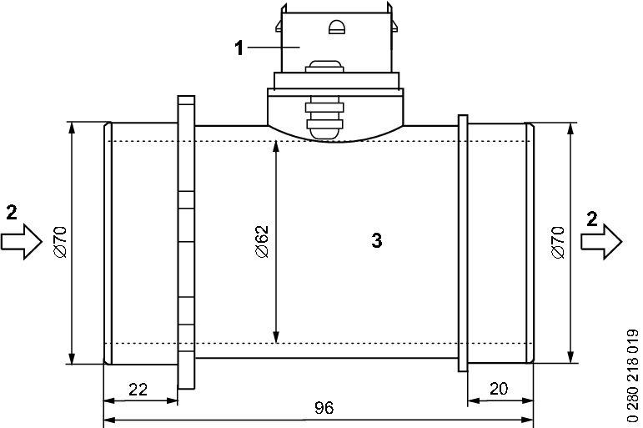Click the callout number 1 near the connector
239,48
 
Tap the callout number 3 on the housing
376,240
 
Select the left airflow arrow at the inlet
22,242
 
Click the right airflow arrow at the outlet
601,242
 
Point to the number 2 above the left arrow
12,213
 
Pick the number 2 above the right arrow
592,219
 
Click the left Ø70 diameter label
59,242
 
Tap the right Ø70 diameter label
558,242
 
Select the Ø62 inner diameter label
262,241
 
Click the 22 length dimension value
138,389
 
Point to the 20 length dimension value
499,388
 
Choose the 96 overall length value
324,407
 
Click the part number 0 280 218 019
633,375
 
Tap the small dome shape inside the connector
337,27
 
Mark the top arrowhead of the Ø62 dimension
276,147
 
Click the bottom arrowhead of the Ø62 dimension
276,337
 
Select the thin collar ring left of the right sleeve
463,244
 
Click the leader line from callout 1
274,48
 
